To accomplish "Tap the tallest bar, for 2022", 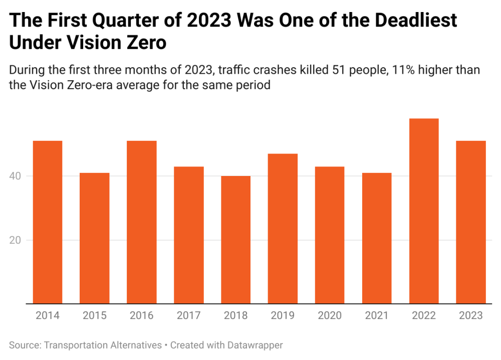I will click(x=424, y=211).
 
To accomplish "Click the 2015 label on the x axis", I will click(x=95, y=315).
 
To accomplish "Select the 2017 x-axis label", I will click(x=189, y=315).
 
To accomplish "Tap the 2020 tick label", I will click(x=330, y=315).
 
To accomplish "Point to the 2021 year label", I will click(x=377, y=315).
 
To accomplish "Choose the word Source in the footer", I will click(x=25, y=345).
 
